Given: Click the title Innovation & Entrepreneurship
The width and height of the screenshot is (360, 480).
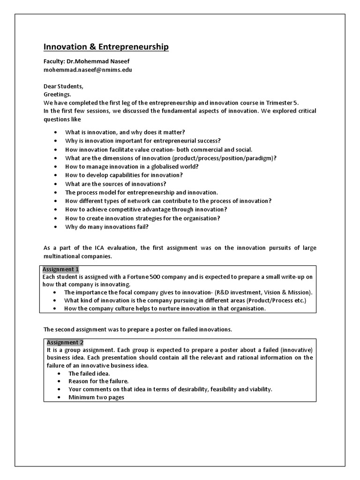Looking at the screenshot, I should (106, 47).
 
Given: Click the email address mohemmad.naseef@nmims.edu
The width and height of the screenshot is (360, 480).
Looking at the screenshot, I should (88, 70).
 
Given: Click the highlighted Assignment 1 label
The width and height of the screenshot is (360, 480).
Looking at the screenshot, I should (61, 270).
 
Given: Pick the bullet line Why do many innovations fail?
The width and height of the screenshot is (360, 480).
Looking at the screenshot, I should (107, 227).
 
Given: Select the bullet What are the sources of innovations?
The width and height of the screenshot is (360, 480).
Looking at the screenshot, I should (116, 184).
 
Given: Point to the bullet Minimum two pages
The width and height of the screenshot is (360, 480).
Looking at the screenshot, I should (96, 397).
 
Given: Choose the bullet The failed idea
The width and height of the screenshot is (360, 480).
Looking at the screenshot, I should (89, 374).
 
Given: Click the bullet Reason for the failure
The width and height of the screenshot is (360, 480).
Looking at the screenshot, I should (98, 382).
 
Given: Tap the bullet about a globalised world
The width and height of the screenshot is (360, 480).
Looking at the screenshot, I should (132, 167).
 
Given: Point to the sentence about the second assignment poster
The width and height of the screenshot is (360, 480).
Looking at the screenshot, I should (137, 330).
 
